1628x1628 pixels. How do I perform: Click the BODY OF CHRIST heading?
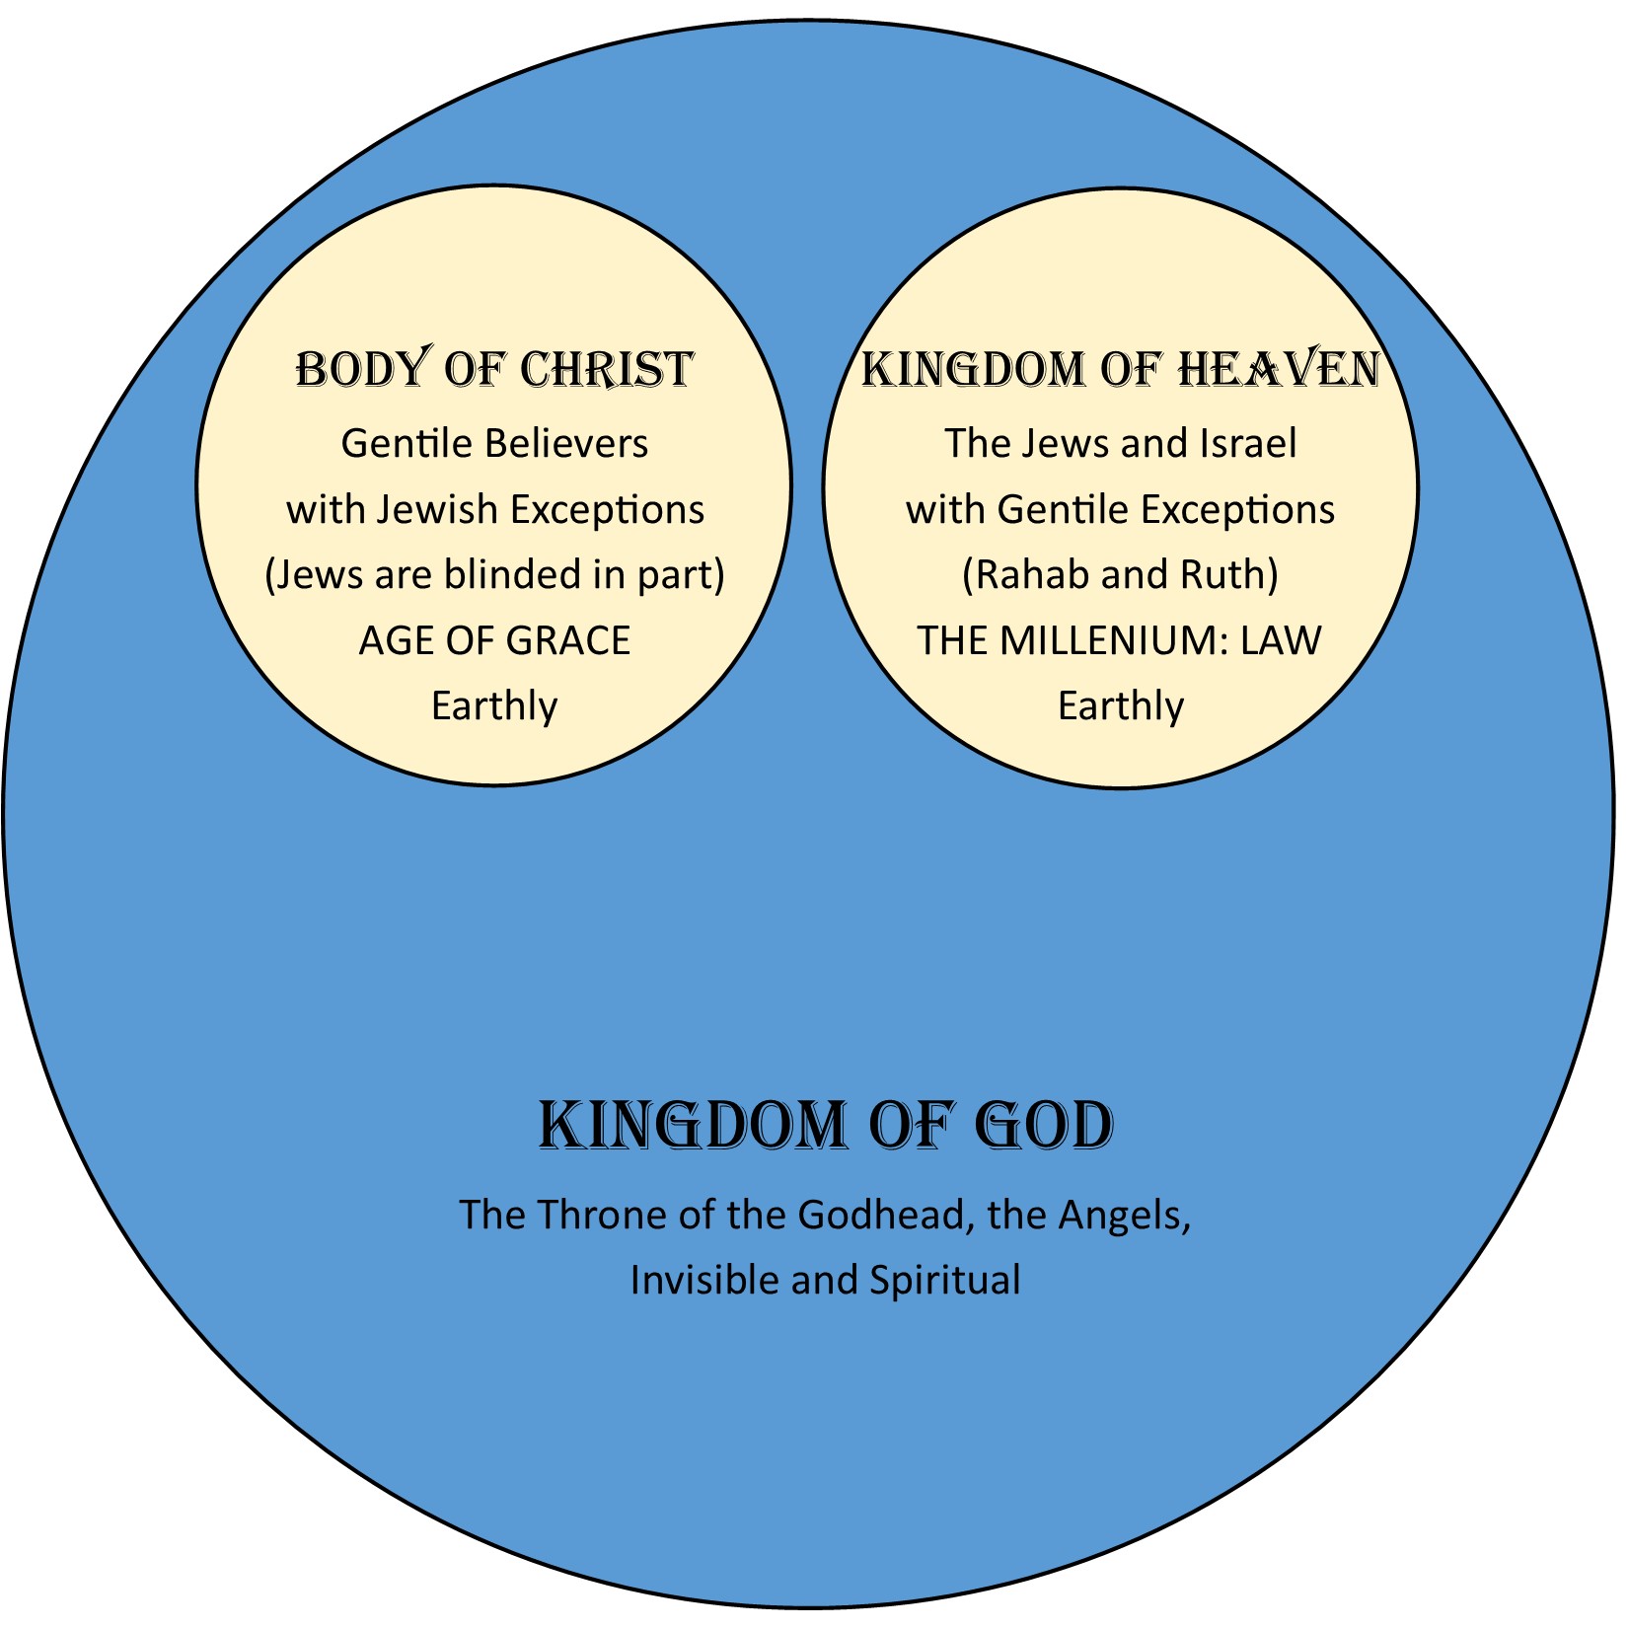tap(494, 369)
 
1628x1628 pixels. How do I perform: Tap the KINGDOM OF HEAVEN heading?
tap(1120, 369)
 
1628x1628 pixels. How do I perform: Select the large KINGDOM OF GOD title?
tap(826, 1126)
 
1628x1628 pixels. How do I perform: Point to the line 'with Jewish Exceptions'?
tap(495, 510)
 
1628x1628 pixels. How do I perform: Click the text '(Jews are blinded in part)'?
tap(494, 575)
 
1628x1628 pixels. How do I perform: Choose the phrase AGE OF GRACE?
tap(494, 641)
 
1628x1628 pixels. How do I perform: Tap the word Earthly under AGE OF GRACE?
tap(494, 706)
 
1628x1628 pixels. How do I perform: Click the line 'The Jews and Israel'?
tap(1120, 444)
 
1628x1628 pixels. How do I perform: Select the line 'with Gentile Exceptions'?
tap(1120, 510)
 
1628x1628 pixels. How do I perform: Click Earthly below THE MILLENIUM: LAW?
tap(1120, 706)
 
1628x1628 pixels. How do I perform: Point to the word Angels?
tap(1123, 1216)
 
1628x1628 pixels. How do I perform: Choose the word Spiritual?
tap(944, 1281)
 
